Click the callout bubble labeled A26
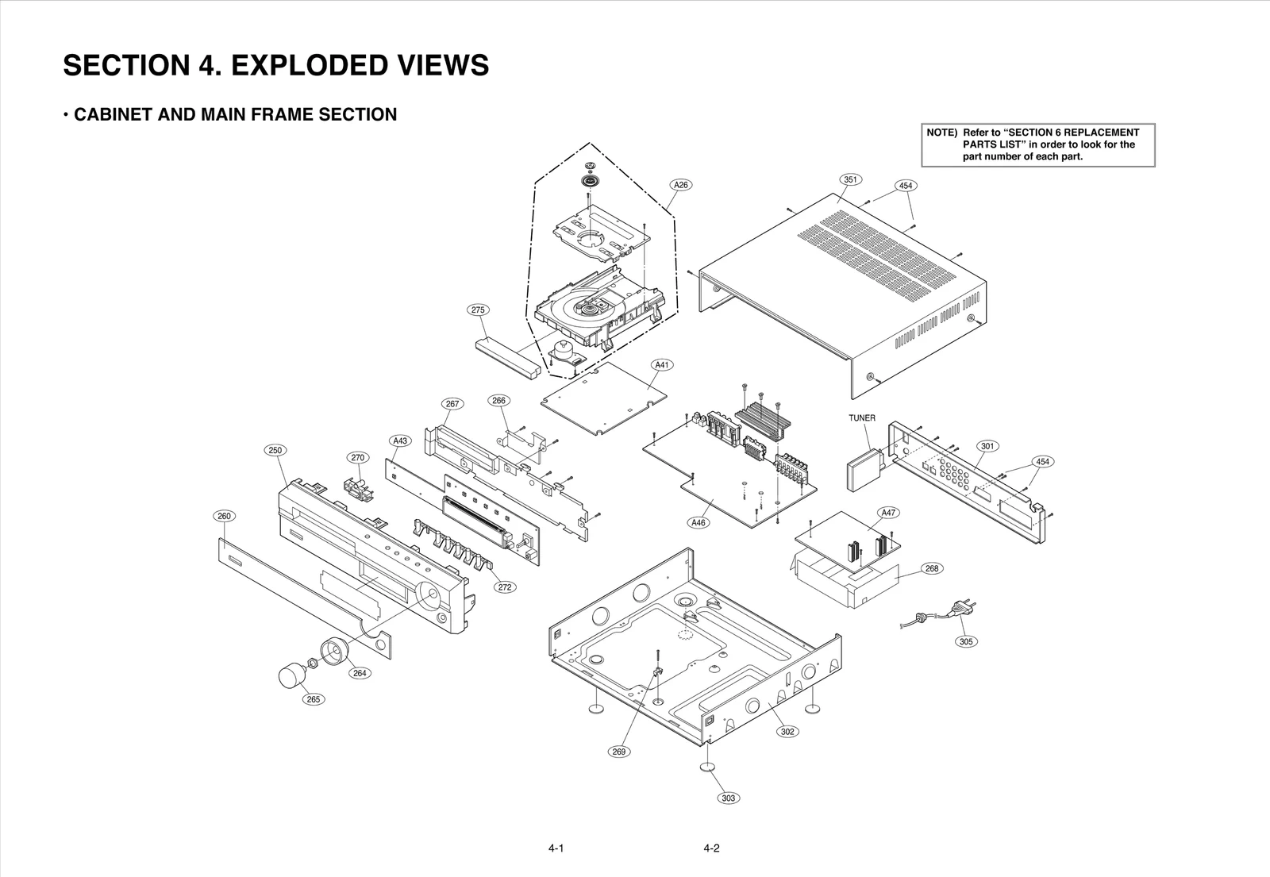[680, 185]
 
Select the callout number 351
[850, 179]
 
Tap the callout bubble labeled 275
[478, 310]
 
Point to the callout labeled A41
[662, 365]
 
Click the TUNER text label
[862, 418]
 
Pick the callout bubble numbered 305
[966, 641]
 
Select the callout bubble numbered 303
[728, 798]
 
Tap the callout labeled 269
[619, 752]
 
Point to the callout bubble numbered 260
[224, 516]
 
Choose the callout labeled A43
[400, 440]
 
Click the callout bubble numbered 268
[932, 568]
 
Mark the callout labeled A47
[889, 513]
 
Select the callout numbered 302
[787, 732]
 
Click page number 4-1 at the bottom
[556, 848]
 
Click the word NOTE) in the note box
[941, 133]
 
